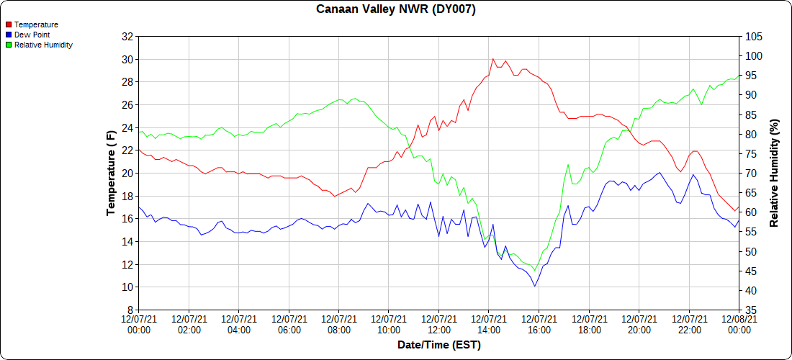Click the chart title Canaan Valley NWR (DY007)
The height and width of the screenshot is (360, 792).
click(396, 9)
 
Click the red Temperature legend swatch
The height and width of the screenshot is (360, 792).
click(9, 24)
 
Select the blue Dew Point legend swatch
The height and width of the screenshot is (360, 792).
click(9, 35)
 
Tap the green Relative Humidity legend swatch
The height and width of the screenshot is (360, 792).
click(9, 45)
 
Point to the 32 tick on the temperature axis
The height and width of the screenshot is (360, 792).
click(127, 37)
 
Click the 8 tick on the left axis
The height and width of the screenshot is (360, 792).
click(130, 310)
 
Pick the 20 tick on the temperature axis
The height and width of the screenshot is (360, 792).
click(127, 174)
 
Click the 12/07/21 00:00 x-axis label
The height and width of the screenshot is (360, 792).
click(139, 324)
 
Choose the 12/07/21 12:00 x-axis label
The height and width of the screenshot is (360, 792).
click(439, 324)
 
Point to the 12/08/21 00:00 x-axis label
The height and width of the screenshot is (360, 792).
click(739, 324)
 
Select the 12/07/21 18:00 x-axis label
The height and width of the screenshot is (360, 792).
click(589, 324)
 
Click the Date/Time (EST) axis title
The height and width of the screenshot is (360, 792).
click(439, 345)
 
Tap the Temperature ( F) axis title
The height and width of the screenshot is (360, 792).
click(111, 174)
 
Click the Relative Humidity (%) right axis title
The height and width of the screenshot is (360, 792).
click(775, 174)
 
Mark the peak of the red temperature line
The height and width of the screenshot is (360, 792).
click(493, 59)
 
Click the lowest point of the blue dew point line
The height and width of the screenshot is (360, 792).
click(535, 286)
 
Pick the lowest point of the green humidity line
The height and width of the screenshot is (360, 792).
click(535, 270)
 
